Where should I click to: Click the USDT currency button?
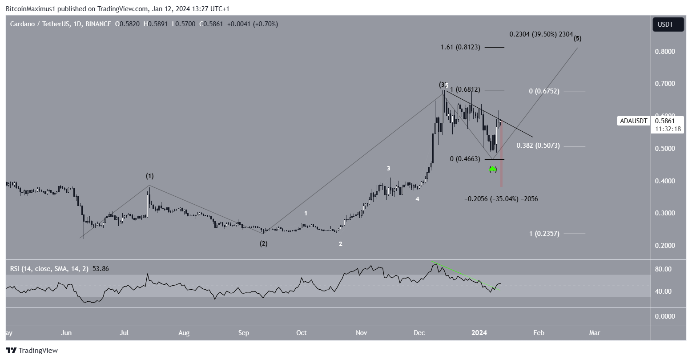(668, 25)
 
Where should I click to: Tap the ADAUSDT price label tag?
(633, 121)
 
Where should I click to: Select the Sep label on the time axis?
(243, 333)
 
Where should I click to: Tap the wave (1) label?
(149, 176)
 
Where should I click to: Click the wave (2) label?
(264, 244)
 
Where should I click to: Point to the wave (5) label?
(577, 38)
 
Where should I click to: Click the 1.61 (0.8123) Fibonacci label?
(460, 47)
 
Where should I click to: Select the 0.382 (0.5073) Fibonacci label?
(541, 146)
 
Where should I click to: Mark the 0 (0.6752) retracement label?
(544, 91)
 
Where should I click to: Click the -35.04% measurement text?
(501, 199)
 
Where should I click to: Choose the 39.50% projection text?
(541, 34)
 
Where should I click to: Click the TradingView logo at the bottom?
(32, 351)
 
